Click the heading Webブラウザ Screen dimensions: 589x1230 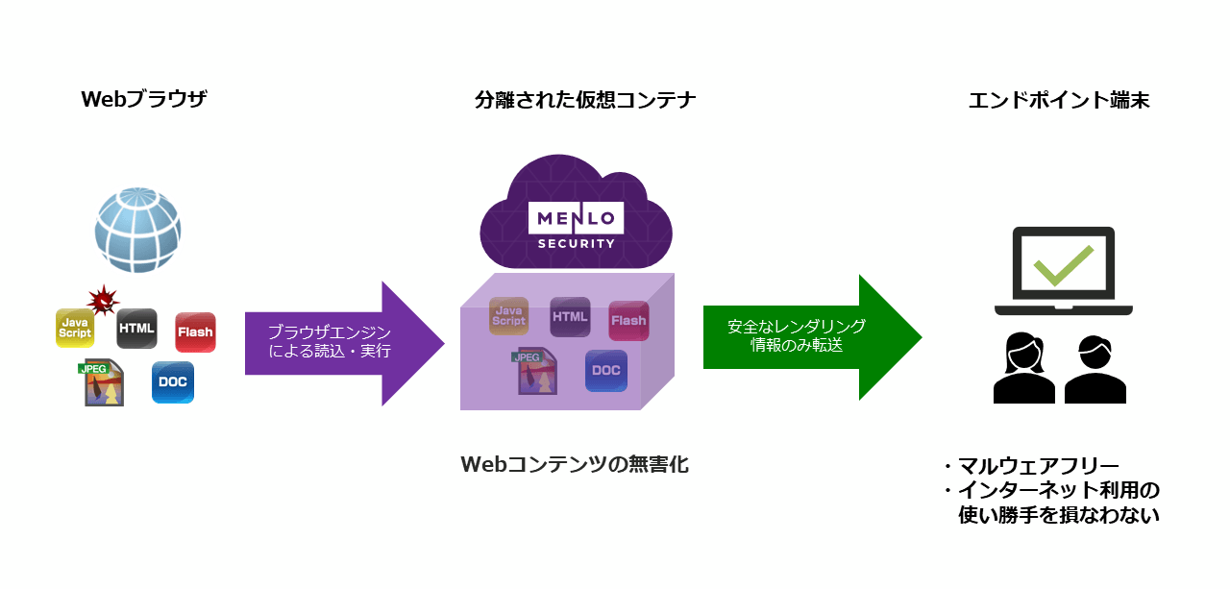point(144,100)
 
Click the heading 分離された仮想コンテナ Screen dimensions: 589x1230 point(585,100)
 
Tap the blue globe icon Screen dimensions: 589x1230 point(137,231)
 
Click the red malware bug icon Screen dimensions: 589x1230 point(102,300)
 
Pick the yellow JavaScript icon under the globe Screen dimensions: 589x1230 point(75,328)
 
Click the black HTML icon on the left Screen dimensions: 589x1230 point(136,329)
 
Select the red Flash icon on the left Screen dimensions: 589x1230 point(195,332)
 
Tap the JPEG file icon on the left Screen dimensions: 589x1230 point(103,381)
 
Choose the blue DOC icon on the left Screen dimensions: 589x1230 point(173,382)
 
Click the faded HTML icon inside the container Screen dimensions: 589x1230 point(570,317)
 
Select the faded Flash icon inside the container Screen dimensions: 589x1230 point(628,321)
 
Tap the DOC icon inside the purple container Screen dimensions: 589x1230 point(606,371)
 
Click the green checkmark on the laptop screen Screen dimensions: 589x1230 point(1063,264)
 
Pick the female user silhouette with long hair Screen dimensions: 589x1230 point(1023,369)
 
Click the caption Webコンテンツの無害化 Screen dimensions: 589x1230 point(575,464)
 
